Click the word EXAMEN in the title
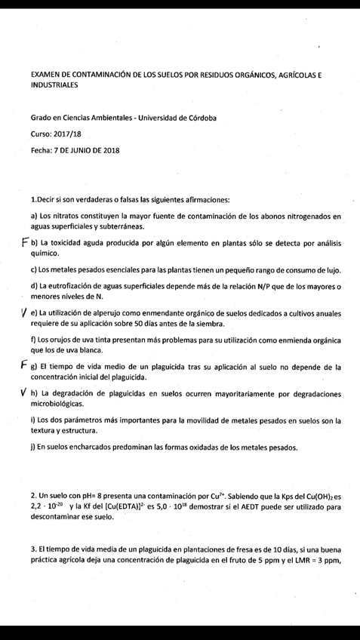45,77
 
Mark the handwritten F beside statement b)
25,243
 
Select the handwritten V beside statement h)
25,392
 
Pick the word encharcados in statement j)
94,447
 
